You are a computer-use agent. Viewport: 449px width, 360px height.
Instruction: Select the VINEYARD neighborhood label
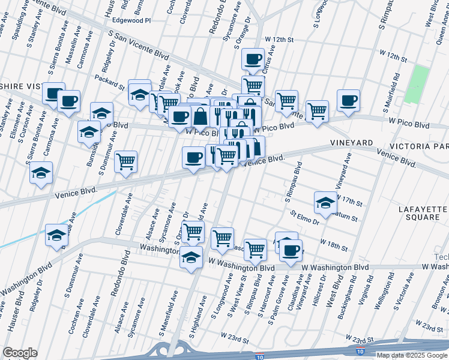[x=351, y=143]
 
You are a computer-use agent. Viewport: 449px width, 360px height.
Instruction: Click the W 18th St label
[x=334, y=244]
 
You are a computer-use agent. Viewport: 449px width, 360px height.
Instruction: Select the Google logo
[x=20, y=353]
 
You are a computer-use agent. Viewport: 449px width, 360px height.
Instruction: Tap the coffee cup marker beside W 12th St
[x=253, y=59]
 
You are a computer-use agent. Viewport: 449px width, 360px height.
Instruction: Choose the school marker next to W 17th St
[x=325, y=202]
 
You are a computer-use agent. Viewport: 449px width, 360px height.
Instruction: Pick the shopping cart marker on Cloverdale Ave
[x=125, y=160]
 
